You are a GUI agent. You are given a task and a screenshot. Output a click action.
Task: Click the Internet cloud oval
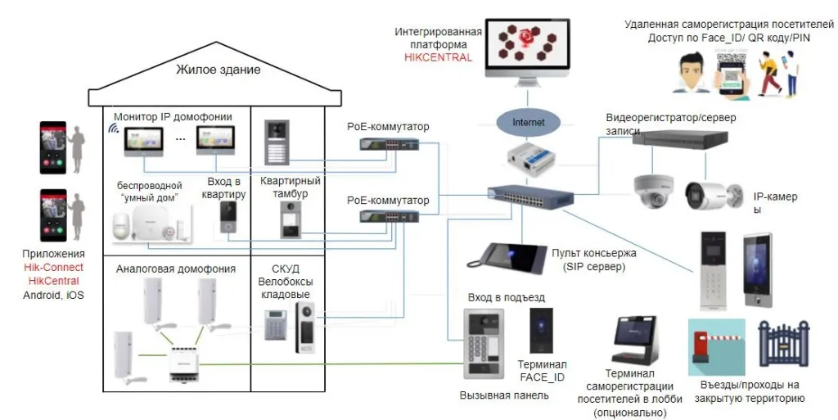[x=528, y=123]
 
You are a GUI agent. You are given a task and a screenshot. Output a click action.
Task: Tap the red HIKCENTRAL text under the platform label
[x=438, y=57]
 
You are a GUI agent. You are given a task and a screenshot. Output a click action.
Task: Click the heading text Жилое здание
[x=218, y=70]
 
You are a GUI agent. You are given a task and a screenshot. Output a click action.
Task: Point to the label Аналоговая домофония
[x=176, y=269]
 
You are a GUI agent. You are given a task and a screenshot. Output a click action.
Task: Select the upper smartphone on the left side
[x=52, y=148]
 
